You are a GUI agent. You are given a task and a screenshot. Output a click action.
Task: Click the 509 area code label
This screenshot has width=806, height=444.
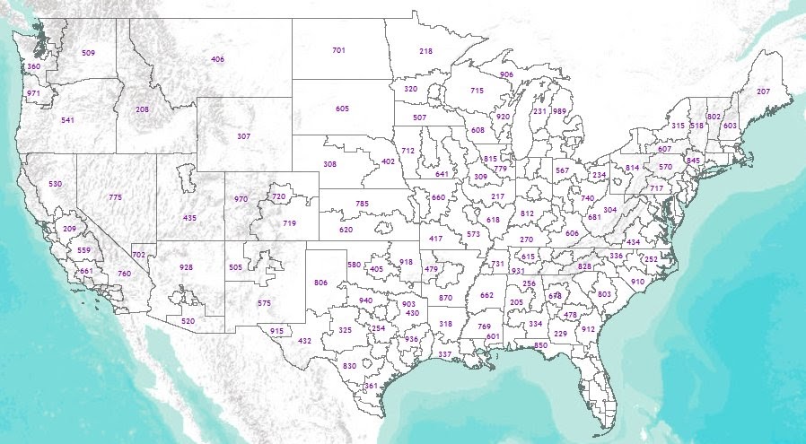click(x=88, y=53)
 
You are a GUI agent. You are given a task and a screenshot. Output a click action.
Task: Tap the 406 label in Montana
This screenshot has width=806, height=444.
click(x=217, y=59)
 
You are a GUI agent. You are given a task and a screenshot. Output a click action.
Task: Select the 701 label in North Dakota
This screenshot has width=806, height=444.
click(x=338, y=50)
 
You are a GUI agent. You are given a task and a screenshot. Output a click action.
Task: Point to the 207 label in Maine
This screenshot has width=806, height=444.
click(x=764, y=91)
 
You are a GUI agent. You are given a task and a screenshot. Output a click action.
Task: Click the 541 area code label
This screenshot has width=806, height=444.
click(x=68, y=119)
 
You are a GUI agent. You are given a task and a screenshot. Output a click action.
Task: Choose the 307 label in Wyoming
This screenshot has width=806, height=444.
click(x=243, y=136)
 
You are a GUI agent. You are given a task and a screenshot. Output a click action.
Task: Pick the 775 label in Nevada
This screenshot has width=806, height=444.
click(x=115, y=197)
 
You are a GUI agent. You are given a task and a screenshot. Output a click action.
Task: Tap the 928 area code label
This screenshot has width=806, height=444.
click(x=186, y=267)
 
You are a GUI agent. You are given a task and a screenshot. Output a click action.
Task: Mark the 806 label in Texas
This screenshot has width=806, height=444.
click(x=320, y=283)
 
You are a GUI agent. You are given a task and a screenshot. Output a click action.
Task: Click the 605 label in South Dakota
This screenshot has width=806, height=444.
click(x=342, y=109)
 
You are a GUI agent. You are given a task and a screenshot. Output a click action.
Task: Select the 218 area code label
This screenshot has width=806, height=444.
click(x=425, y=52)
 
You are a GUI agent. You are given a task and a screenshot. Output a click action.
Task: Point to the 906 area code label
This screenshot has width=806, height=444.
click(x=506, y=74)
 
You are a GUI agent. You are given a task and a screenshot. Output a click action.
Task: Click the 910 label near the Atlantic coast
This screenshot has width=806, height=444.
click(x=637, y=282)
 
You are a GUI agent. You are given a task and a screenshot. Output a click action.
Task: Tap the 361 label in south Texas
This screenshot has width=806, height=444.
click(x=370, y=386)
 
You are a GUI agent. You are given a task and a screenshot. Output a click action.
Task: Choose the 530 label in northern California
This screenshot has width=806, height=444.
click(x=56, y=184)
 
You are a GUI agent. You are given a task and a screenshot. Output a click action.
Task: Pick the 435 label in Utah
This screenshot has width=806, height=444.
click(x=189, y=218)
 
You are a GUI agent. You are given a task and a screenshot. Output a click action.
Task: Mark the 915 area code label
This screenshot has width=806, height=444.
click(x=276, y=331)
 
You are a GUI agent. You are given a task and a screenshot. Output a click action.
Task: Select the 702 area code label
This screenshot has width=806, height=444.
click(x=138, y=256)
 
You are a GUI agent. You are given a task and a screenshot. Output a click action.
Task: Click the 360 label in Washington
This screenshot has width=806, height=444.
click(x=33, y=66)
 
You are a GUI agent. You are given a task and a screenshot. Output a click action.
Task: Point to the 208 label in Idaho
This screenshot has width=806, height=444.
click(x=142, y=109)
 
